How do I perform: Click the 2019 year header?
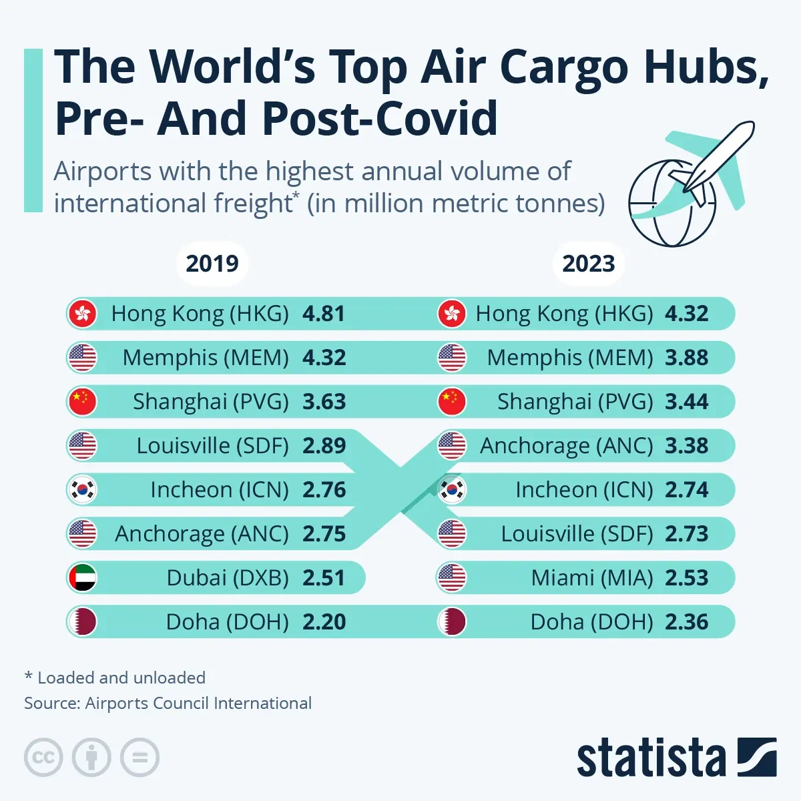click(212, 264)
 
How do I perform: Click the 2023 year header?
click(588, 264)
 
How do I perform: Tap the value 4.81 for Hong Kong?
click(324, 314)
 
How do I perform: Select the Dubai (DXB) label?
click(228, 578)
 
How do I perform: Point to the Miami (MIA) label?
click(592, 578)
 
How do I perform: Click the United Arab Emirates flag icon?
click(83, 578)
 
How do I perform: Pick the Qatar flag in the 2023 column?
click(452, 622)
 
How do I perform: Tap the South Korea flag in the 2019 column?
click(83, 490)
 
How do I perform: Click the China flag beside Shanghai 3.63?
click(83, 402)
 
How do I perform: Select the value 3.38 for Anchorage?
click(687, 446)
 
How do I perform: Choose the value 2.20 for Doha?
click(324, 622)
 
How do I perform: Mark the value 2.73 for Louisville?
click(687, 534)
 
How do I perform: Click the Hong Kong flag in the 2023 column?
click(452, 314)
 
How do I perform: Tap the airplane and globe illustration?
click(688, 184)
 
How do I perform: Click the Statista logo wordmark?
click(651, 758)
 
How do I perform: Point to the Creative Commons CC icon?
click(43, 758)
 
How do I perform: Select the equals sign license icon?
click(140, 758)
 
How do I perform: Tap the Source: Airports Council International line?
click(168, 704)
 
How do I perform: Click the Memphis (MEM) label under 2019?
click(206, 358)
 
